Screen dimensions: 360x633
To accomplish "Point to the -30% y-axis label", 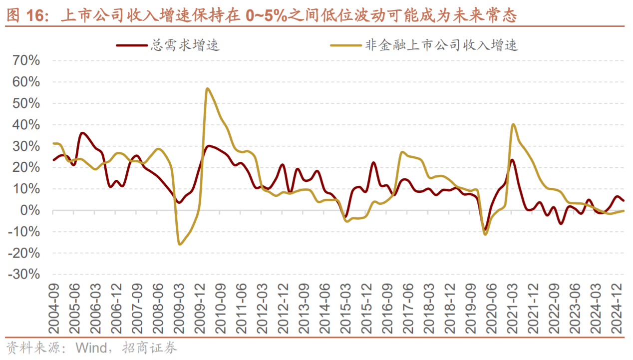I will pyautogui.click(x=23, y=275).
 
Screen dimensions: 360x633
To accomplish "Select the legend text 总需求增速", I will pyautogui.click(x=185, y=45).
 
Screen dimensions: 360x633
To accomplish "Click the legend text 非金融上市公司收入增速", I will pyautogui.click(x=442, y=45).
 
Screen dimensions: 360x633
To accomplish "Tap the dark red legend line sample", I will pyautogui.click(x=131, y=45).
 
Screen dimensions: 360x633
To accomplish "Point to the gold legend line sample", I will pyautogui.click(x=345, y=45).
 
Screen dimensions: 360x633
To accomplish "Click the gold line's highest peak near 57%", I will pyautogui.click(x=207, y=89).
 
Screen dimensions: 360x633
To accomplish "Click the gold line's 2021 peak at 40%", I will pyautogui.click(x=513, y=124).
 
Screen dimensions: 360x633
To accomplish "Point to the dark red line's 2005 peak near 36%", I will pyautogui.click(x=82, y=133).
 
